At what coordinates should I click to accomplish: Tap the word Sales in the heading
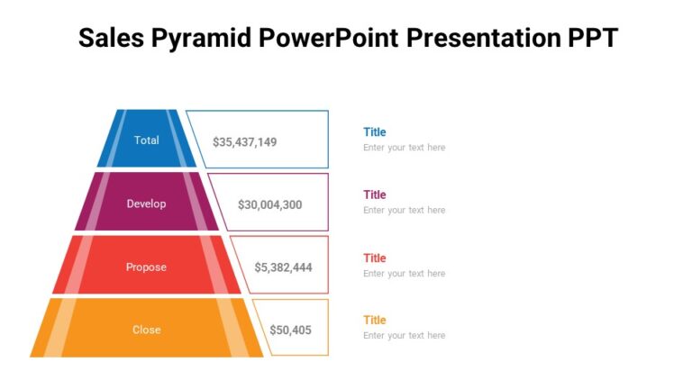click(107, 38)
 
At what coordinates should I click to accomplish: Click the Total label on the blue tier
click(146, 140)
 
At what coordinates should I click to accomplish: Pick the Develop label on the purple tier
click(146, 204)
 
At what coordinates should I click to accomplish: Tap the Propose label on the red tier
click(146, 267)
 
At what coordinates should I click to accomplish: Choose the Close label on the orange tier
click(146, 330)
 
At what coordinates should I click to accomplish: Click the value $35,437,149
click(244, 142)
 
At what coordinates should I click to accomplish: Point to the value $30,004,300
click(269, 205)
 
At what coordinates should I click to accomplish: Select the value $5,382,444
click(283, 267)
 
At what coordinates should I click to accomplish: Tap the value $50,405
click(290, 330)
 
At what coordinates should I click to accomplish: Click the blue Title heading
click(374, 132)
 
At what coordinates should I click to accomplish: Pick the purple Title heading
click(374, 194)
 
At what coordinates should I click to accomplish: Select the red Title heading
click(374, 258)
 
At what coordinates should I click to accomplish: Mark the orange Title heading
click(374, 321)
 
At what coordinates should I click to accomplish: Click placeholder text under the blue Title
click(404, 148)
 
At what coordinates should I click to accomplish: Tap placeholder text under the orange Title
click(404, 336)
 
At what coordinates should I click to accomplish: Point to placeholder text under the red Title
click(404, 274)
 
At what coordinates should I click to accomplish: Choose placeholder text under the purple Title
click(404, 211)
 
